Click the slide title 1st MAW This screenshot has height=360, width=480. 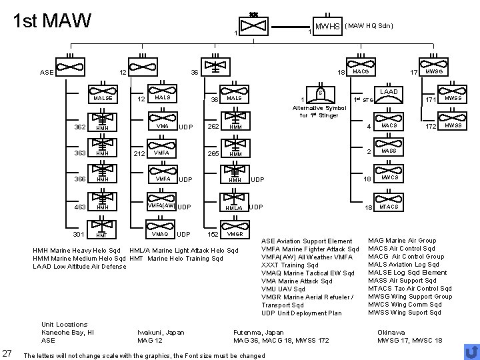tap(53, 21)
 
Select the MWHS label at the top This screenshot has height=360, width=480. tap(328, 27)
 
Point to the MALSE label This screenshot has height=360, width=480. tap(103, 98)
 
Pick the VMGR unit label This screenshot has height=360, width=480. tap(235, 234)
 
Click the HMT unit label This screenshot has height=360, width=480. tap(102, 235)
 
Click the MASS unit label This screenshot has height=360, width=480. tap(389, 151)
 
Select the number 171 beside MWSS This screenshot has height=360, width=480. tap(430, 99)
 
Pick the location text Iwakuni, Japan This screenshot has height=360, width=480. tap(161, 332)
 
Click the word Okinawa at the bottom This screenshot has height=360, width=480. tap(390, 332)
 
